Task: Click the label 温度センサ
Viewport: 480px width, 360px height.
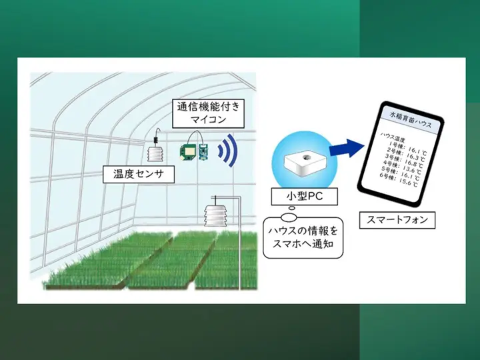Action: tap(139, 175)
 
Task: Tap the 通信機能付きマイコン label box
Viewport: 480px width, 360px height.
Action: tap(208, 113)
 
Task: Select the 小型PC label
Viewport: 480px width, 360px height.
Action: tap(304, 196)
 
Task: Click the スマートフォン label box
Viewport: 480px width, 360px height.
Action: tap(397, 220)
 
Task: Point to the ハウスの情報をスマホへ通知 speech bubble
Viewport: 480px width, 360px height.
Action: tap(303, 237)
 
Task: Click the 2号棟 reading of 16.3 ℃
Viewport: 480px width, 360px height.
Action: tap(405, 155)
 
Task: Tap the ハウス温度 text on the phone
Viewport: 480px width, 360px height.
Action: tap(393, 137)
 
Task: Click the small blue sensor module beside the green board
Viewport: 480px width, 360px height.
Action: tap(203, 151)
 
